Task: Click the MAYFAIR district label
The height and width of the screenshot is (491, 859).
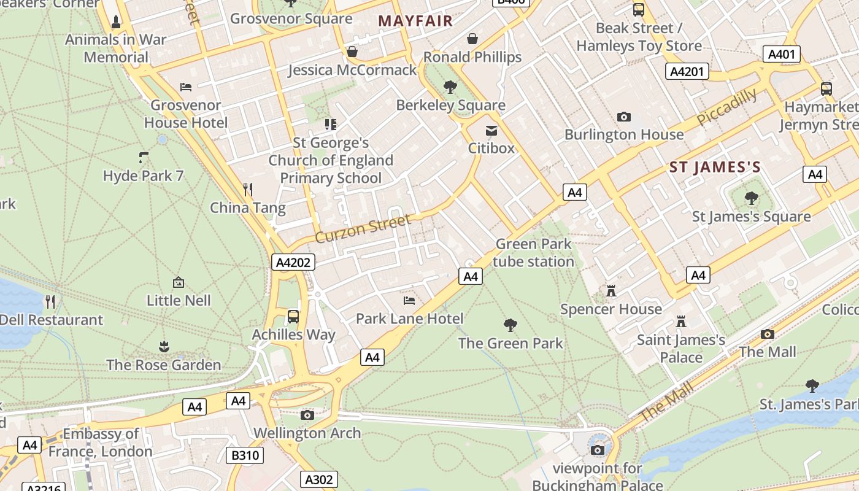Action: click(x=415, y=21)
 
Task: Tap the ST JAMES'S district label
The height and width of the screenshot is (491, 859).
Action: click(x=715, y=167)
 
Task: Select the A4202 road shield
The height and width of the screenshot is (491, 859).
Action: click(x=293, y=263)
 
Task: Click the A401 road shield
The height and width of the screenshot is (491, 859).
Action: click(x=782, y=54)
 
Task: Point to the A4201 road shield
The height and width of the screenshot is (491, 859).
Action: click(x=687, y=72)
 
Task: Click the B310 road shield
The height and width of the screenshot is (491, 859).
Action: click(x=245, y=455)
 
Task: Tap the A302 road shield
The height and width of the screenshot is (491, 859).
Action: click(x=319, y=479)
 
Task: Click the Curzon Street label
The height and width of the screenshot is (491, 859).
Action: click(x=363, y=228)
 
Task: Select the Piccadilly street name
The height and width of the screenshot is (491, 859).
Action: click(x=727, y=107)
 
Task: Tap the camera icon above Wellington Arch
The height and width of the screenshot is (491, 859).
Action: click(x=307, y=415)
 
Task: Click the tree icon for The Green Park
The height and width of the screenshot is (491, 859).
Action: click(x=510, y=325)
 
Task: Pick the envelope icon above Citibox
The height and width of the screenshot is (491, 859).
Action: click(x=491, y=130)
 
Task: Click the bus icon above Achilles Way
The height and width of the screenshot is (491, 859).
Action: click(x=293, y=317)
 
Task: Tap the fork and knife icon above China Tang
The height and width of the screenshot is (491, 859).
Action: click(x=248, y=189)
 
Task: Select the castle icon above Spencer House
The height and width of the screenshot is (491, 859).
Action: click(x=611, y=290)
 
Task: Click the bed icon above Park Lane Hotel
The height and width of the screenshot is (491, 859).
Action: click(x=409, y=300)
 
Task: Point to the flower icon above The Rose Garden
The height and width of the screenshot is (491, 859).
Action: click(x=164, y=347)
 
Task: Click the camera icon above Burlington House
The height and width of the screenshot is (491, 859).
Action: click(x=624, y=117)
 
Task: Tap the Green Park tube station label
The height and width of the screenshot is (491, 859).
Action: click(x=533, y=253)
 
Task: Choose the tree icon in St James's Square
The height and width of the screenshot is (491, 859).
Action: click(x=751, y=198)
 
